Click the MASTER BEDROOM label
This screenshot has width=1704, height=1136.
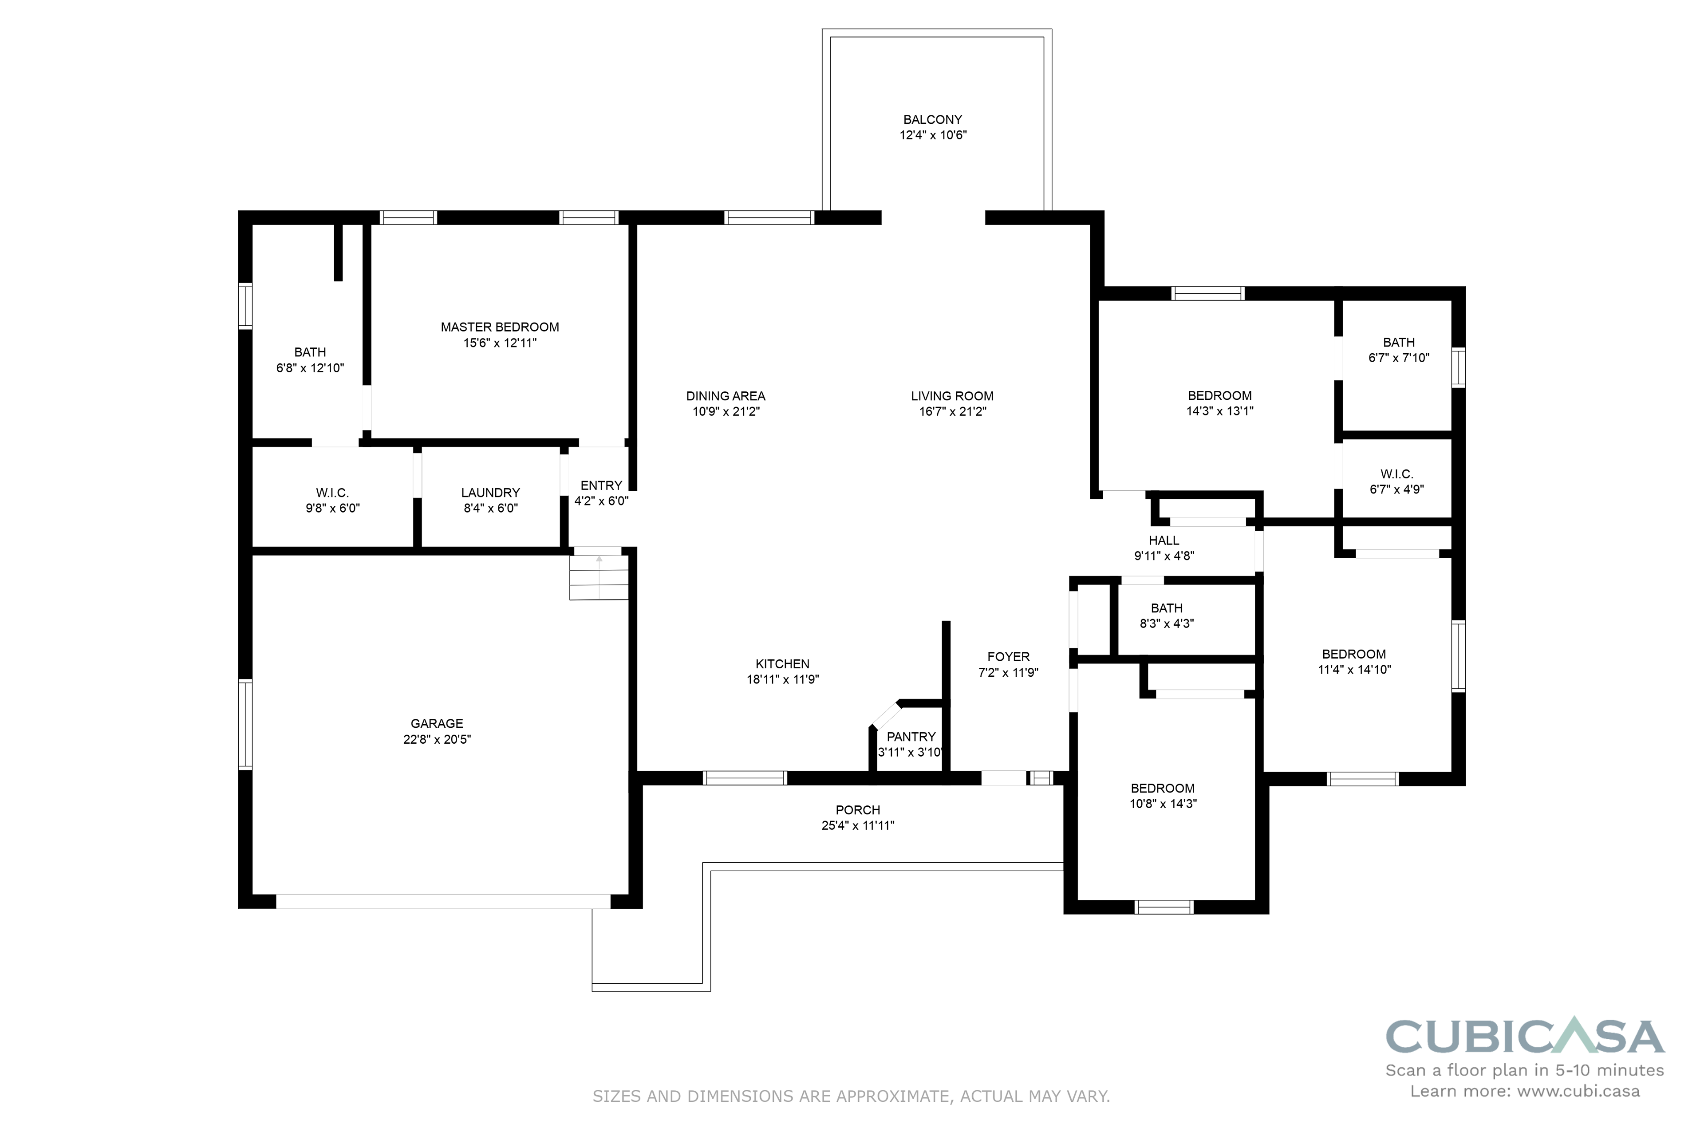[x=500, y=327]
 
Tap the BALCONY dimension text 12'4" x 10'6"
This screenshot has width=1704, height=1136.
[x=933, y=135]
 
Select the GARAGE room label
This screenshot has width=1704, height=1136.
[x=437, y=723]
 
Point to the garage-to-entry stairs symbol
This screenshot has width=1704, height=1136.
[x=599, y=577]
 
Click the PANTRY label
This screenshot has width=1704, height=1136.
[x=911, y=736]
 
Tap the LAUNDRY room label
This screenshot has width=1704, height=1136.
[x=490, y=493]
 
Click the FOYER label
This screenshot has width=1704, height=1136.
[x=1009, y=656]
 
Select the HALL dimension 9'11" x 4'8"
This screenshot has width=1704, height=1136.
[x=1164, y=556]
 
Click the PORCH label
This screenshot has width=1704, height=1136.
[x=858, y=810]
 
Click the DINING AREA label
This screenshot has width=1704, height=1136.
[x=726, y=395]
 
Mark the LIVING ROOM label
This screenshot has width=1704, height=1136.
[x=953, y=395]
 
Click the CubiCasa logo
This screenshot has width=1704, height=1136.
[x=1525, y=1037]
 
